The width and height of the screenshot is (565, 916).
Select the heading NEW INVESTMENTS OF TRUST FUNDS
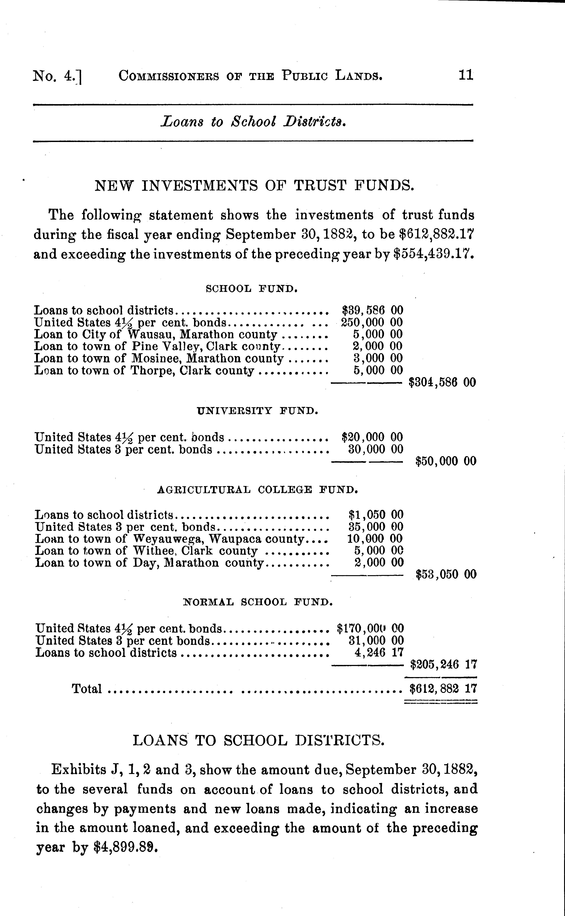point(255,185)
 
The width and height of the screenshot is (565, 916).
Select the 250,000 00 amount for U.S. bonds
point(372,322)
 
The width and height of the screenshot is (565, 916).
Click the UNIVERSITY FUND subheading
point(257,411)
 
